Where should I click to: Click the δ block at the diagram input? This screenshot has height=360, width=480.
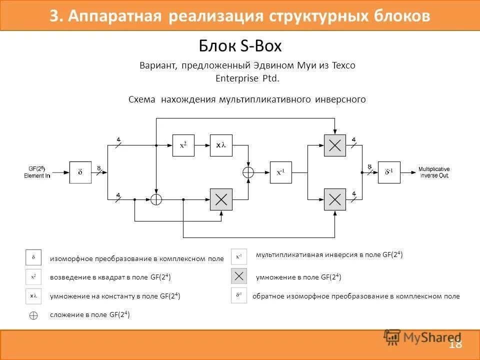80,172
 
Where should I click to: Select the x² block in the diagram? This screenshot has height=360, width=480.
183,145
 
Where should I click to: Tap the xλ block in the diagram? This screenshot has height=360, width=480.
221,145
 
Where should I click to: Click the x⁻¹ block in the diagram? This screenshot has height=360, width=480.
280,172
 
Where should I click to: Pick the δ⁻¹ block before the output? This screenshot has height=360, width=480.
389,172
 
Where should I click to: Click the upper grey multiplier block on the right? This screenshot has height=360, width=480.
334,145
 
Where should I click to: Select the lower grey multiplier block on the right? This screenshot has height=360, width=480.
334,199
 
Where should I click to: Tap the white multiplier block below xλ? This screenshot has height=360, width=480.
221,199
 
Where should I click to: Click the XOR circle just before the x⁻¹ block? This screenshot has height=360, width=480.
248,172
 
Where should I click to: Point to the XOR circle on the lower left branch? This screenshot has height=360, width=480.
156,199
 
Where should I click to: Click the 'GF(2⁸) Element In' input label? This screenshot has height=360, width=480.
37,172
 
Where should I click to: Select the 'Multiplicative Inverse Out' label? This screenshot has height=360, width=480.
434,172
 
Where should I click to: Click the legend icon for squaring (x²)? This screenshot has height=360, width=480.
33,277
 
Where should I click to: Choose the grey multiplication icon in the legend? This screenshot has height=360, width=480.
239,276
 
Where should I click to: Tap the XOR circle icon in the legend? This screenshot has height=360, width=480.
33,315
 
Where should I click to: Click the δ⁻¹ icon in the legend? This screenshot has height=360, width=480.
239,296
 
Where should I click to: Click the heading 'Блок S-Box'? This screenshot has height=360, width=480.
240,46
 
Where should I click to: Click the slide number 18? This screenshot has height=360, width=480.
455,344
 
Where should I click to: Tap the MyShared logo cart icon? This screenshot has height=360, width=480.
392,337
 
